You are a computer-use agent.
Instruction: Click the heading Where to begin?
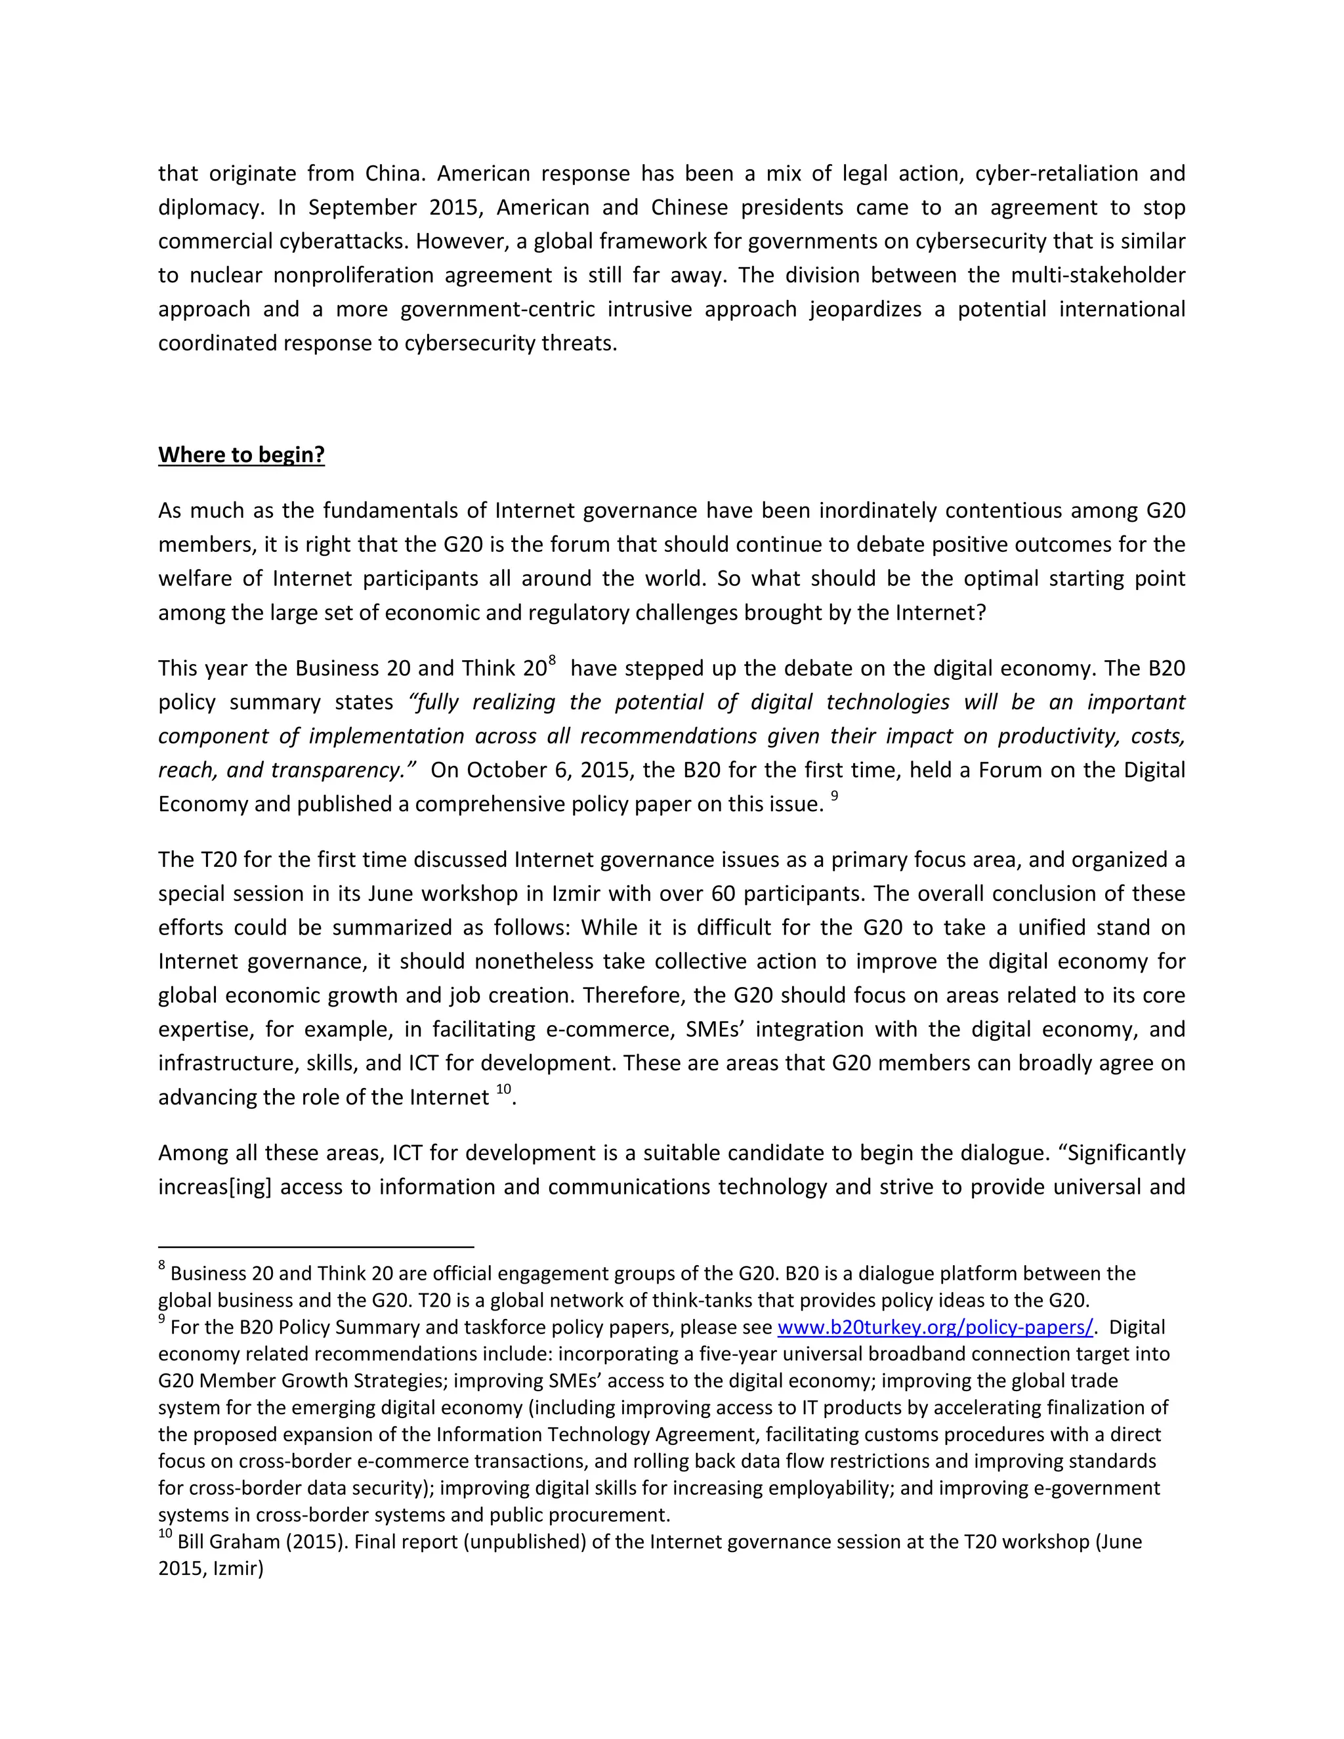241,455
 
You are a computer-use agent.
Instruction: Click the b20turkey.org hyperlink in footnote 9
934,1328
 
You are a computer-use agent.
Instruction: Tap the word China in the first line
394,174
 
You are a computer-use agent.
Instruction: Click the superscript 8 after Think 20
552,660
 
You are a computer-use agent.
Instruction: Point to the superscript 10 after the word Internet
503,1090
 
